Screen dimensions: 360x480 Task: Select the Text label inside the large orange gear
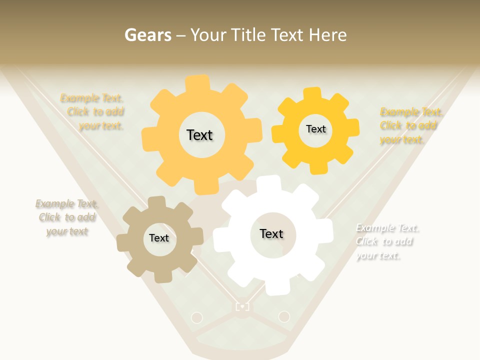[x=199, y=135]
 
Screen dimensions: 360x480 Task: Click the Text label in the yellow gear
[x=315, y=129]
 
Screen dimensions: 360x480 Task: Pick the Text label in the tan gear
[x=159, y=238]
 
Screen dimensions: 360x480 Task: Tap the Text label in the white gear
[x=271, y=233]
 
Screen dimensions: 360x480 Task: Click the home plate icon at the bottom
[x=242, y=306]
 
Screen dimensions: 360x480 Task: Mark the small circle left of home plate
[x=197, y=317]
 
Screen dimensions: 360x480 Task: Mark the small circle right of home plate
[x=284, y=316]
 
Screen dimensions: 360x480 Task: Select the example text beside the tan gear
[x=67, y=217]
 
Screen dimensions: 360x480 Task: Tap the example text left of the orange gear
[x=94, y=112]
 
